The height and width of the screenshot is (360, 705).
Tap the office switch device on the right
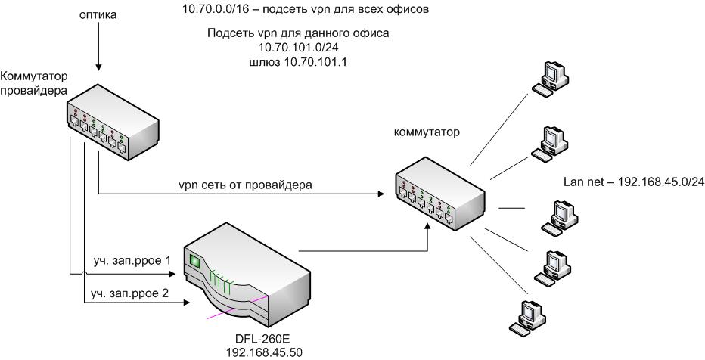pyautogui.click(x=439, y=193)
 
